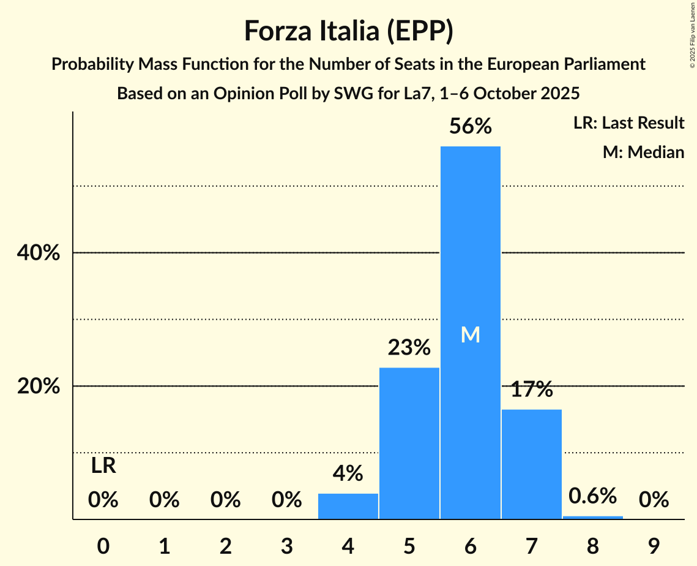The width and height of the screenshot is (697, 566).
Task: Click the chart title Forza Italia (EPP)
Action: [348, 31]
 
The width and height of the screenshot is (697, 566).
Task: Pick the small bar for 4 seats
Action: [348, 506]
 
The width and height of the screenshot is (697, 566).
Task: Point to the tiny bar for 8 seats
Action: [592, 518]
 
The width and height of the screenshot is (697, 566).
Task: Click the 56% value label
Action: [470, 126]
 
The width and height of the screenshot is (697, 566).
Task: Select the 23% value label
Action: [409, 348]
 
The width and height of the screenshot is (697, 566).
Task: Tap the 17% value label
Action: [531, 389]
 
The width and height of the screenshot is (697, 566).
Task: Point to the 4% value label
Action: [348, 474]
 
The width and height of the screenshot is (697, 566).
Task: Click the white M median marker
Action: [470, 334]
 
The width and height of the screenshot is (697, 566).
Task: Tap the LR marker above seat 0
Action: [103, 466]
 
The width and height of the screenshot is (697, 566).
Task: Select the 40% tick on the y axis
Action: [38, 252]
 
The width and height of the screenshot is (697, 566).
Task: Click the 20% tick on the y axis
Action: [38, 387]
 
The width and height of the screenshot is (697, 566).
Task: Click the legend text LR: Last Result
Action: [628, 123]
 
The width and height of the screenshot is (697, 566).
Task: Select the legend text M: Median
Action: [643, 152]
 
